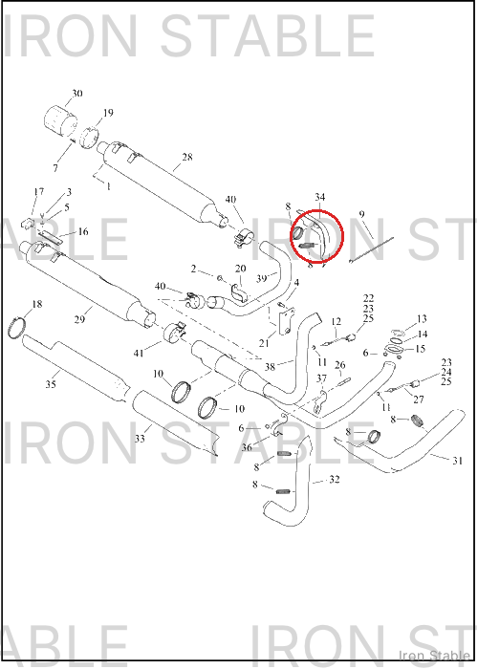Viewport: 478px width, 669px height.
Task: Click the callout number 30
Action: click(76, 93)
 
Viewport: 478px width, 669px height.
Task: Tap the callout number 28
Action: click(187, 157)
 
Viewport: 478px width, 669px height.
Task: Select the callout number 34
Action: click(319, 197)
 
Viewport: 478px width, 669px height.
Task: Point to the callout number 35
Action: click(51, 384)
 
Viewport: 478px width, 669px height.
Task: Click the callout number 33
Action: click(140, 438)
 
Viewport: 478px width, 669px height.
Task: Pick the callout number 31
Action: click(457, 461)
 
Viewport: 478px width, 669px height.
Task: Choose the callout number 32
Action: click(335, 480)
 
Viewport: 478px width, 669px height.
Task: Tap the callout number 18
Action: click(37, 304)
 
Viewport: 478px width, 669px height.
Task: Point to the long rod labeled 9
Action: click(372, 250)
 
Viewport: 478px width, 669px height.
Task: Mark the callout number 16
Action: click(83, 231)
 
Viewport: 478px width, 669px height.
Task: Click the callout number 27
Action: click(419, 399)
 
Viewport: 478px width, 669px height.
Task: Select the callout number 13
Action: click(422, 318)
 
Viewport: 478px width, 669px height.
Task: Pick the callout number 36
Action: click(247, 447)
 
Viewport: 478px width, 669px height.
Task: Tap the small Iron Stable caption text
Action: click(434, 655)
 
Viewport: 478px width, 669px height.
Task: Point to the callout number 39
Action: click(262, 279)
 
